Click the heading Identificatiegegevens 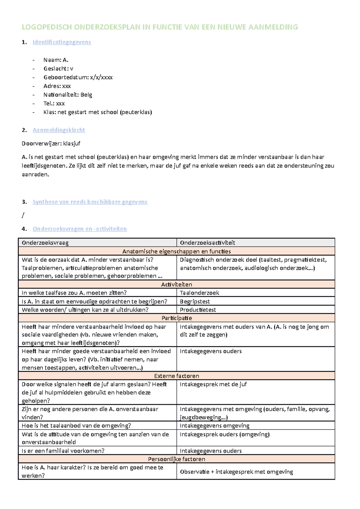[x=61, y=42]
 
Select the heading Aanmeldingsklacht [x=59, y=130]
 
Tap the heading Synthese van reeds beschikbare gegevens [x=90, y=202]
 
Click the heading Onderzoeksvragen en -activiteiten [x=79, y=229]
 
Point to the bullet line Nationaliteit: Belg [x=67, y=95]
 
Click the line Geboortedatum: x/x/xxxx [x=78, y=77]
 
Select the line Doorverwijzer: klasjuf [x=51, y=144]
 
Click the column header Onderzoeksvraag [x=45, y=243]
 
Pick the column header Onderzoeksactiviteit [x=207, y=243]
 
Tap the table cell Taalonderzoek [x=199, y=293]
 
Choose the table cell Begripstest [x=195, y=302]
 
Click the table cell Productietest [x=198, y=310]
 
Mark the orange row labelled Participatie [x=176, y=318]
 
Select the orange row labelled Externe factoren [x=176, y=376]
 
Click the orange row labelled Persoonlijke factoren [x=176, y=459]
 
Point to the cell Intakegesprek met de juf [x=213, y=384]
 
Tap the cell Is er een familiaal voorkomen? [x=63, y=451]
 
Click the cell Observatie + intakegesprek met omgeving [x=236, y=472]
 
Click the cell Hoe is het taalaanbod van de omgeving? [x=76, y=426]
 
